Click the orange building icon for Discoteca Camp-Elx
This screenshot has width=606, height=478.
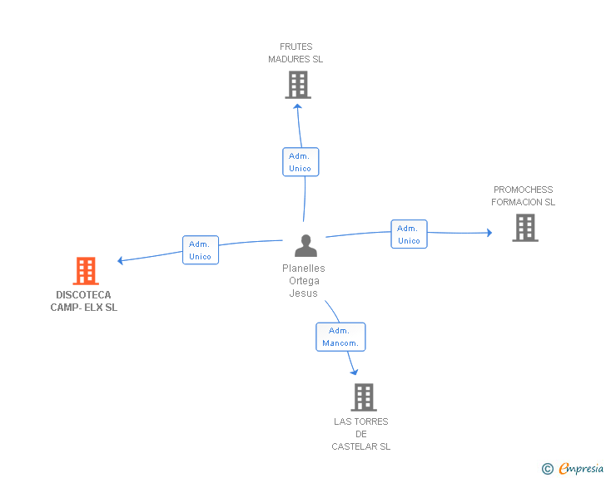86,271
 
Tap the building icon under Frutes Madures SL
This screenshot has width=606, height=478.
298,85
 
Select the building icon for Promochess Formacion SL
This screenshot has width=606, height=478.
525,228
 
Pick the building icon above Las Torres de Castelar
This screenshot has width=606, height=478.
364,397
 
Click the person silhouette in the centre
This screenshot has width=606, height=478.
305,245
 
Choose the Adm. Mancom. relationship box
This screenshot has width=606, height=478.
340,337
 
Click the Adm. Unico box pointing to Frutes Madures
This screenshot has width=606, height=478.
301,162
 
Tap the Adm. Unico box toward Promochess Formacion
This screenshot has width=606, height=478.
409,234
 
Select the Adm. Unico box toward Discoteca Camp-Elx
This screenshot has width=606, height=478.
201,250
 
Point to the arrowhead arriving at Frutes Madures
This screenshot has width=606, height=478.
297,106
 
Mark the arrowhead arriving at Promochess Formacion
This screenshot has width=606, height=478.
489,233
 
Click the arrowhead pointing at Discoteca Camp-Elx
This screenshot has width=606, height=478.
120,261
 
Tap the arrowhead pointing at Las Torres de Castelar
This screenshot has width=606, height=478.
355,372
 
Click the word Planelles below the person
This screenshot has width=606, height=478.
303,268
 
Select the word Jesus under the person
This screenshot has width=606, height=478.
303,293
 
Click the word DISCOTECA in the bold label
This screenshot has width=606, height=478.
83,294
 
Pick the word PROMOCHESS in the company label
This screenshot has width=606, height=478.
524,190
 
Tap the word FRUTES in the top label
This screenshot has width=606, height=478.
296,47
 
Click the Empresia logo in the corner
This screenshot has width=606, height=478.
573,468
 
